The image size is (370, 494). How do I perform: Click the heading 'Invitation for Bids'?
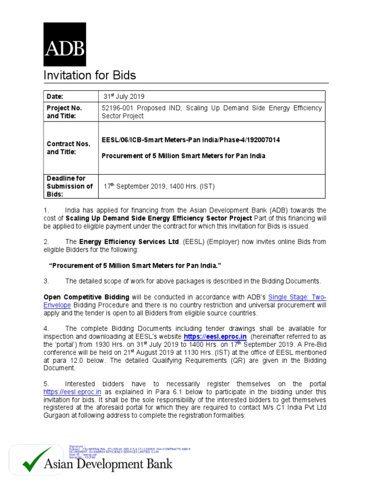click(90, 75)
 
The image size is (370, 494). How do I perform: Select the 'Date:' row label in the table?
click(54, 96)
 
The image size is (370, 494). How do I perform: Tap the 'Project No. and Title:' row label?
click(65, 112)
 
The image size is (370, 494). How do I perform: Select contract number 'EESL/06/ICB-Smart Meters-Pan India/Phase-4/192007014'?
click(191, 140)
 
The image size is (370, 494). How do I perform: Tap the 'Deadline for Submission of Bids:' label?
click(69, 186)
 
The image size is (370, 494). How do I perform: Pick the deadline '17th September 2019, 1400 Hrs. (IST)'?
click(159, 186)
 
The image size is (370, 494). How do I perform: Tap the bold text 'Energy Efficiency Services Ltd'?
click(129, 241)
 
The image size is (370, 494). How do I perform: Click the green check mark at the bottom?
click(38, 460)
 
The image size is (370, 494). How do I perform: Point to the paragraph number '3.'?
click(47, 281)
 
